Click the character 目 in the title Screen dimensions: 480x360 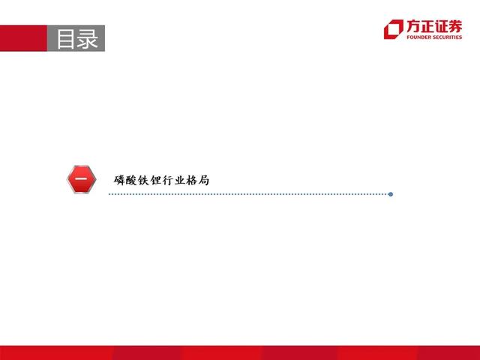66,39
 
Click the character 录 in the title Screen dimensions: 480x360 87,39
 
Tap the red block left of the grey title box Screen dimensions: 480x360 23,38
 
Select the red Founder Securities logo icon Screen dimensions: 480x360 393,29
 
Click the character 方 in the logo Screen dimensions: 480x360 413,26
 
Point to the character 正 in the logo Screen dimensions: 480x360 427,27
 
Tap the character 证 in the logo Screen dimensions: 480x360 441,27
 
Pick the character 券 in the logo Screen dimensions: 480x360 455,26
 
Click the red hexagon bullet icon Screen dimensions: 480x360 82,179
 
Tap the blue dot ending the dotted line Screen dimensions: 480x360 391,194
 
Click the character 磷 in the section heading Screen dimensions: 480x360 119,180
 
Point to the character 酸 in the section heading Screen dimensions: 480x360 131,180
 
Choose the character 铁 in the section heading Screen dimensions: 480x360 143,180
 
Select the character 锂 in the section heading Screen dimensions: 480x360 155,180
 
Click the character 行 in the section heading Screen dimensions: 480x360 167,180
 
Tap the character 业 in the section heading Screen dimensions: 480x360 180,180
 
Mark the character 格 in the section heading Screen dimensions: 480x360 192,180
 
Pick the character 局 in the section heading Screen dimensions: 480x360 203,180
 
